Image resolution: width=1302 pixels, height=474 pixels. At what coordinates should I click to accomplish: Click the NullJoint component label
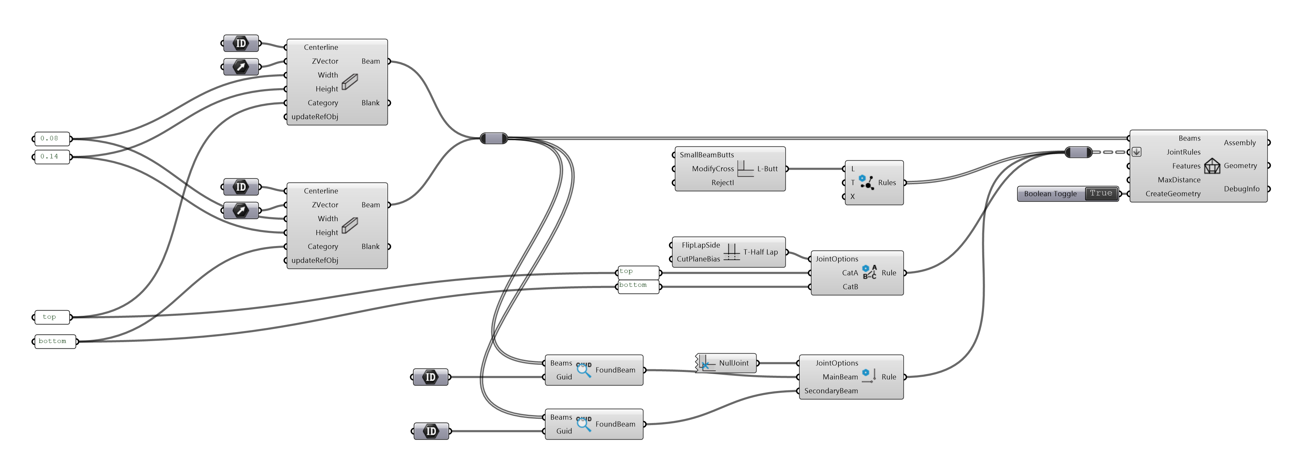733,363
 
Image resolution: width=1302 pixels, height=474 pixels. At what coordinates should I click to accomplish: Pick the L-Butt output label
767,169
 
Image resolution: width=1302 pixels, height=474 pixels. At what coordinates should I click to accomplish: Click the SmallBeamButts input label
707,155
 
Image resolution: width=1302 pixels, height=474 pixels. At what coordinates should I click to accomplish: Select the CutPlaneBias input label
698,259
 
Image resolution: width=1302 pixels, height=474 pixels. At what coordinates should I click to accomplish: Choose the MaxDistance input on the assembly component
1179,180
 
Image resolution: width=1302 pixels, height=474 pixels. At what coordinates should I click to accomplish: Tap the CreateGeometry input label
1172,194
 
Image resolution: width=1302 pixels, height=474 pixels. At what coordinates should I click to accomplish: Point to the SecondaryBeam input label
831,391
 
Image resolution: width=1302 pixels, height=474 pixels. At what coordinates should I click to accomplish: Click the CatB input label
850,287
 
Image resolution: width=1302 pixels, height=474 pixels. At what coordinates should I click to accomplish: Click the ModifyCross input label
713,169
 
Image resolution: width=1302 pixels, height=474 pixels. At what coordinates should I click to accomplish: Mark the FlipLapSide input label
701,245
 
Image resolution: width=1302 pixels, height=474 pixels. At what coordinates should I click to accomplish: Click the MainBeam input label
840,377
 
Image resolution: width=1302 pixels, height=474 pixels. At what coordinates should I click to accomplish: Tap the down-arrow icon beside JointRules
1136,152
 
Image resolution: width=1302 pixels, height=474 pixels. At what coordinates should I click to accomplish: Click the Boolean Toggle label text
1050,194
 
